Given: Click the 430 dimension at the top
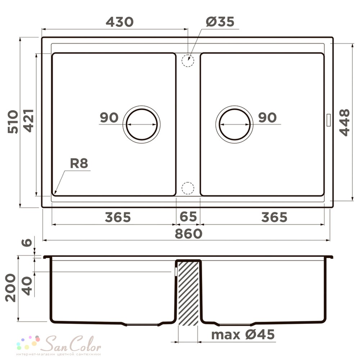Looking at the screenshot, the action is click(x=120, y=22).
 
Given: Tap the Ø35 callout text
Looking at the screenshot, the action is click(x=220, y=22).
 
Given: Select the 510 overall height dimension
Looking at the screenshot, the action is click(x=13, y=122).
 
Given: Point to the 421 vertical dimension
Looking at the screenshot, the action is click(x=29, y=121).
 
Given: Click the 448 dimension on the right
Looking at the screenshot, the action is click(x=345, y=123).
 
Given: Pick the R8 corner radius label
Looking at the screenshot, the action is click(x=79, y=163).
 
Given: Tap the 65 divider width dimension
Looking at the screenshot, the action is click(x=188, y=216).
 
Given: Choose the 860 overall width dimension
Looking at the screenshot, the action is click(x=189, y=234).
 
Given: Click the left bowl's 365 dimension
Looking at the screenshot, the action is click(x=118, y=217).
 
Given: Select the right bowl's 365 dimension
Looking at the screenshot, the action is click(x=274, y=217).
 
